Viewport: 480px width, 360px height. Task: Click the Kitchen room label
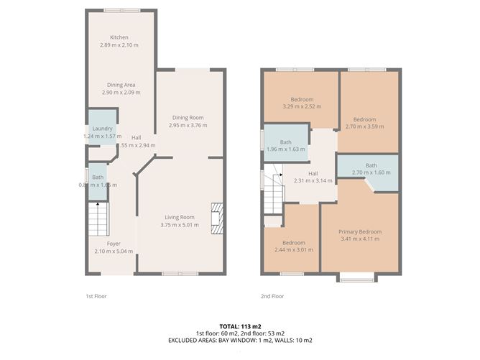coord(119,38)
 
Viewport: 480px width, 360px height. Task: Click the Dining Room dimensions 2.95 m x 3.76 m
coord(188,125)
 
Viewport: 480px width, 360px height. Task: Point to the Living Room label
coord(180,217)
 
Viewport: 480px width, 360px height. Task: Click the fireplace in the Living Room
coord(216,218)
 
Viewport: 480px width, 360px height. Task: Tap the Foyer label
coord(114,244)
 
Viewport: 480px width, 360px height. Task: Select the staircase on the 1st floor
coord(98,216)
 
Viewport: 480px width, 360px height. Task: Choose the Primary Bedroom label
coord(360,232)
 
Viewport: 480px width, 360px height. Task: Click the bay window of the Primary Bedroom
coord(357,277)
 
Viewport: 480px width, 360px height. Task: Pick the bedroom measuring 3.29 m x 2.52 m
coord(300,102)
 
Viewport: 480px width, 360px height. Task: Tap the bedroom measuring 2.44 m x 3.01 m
coord(291,246)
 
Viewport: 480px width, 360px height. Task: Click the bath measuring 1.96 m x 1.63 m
coord(285,145)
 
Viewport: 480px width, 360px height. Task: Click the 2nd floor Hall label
coord(313,173)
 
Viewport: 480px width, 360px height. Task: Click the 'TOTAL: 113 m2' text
coord(240,326)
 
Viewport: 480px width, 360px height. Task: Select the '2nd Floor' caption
coord(272,295)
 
